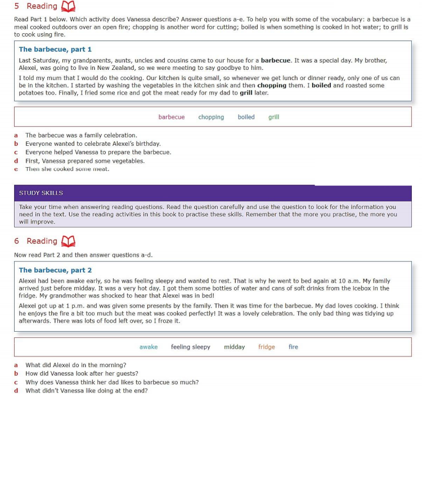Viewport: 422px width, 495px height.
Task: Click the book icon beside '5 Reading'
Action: pyautogui.click(x=68, y=6)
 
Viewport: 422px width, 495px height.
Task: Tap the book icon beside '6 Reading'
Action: pyautogui.click(x=68, y=241)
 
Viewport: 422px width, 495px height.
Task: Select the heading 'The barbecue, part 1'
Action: pyautogui.click(x=55, y=50)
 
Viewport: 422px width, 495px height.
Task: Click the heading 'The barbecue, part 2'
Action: pyautogui.click(x=55, y=270)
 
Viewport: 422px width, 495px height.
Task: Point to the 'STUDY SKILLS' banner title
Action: pyautogui.click(x=41, y=193)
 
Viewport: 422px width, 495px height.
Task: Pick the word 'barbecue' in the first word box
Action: pyautogui.click(x=172, y=117)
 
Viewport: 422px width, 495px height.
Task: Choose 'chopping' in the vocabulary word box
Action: pyautogui.click(x=211, y=117)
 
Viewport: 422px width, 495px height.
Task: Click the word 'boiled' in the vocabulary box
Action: pyautogui.click(x=246, y=117)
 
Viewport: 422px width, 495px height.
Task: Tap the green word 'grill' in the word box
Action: pyautogui.click(x=273, y=117)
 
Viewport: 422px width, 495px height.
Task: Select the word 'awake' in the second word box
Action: pyautogui.click(x=149, y=347)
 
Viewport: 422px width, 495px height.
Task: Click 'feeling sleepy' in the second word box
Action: pyautogui.click(x=191, y=347)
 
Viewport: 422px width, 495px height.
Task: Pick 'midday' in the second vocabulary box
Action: pyautogui.click(x=234, y=347)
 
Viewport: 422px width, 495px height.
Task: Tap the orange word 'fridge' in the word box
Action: pyautogui.click(x=267, y=347)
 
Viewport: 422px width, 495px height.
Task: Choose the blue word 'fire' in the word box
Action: pyautogui.click(x=293, y=347)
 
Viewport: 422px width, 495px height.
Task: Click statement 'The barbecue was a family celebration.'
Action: pyautogui.click(x=81, y=135)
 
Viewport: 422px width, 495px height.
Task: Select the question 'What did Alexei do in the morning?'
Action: pyautogui.click(x=76, y=365)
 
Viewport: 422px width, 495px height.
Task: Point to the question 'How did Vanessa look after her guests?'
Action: pyautogui.click(x=82, y=373)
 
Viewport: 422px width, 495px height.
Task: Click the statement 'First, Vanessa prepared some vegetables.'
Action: pyautogui.click(x=85, y=160)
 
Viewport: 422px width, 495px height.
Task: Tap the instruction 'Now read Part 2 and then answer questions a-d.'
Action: pyautogui.click(x=83, y=255)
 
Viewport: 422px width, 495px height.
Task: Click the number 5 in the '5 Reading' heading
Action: pyautogui.click(x=17, y=6)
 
